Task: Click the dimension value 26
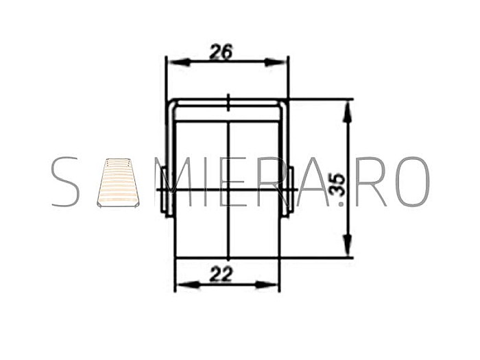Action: (x=221, y=51)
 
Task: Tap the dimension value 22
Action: (x=221, y=274)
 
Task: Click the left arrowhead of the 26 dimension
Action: (x=179, y=62)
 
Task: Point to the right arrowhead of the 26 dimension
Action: (x=274, y=62)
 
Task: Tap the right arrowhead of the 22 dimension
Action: (x=266, y=285)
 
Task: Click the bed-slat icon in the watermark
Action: (x=119, y=183)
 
